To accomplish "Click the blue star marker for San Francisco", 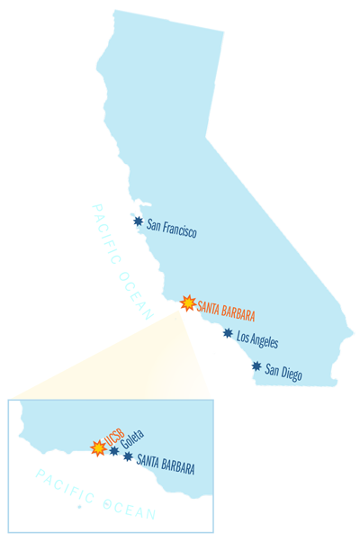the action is tap(138, 221).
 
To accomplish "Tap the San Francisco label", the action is tap(171, 228).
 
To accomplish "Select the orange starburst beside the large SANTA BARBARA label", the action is tap(188, 303).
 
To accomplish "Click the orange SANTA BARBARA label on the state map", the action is tap(226, 312).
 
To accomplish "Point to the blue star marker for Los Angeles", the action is tap(228, 333).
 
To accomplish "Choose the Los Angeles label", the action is tap(256, 339).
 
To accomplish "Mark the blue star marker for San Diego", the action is tap(256, 366).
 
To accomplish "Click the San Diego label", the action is tap(283, 372).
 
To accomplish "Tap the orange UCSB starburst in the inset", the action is tap(98, 447).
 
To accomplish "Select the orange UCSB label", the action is tap(112, 441).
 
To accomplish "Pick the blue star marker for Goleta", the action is tap(114, 450).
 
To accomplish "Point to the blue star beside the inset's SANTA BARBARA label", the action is tap(129, 456).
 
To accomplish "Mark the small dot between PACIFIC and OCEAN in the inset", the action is tap(80, 507).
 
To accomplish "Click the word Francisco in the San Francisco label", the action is tap(179, 230).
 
